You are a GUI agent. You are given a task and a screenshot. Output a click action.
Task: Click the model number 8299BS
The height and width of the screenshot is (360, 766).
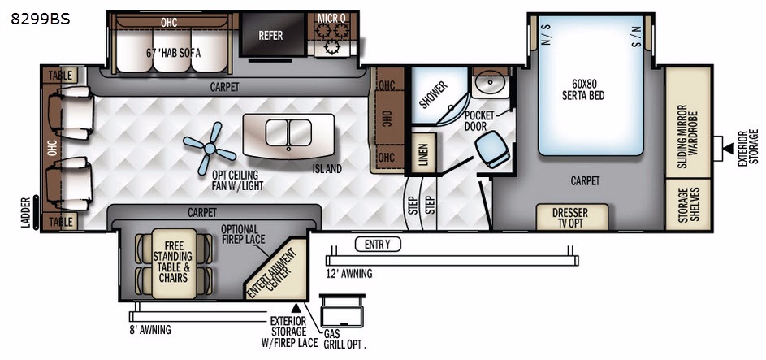[x=41, y=19]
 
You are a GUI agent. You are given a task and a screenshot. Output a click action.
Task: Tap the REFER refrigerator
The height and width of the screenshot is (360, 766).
[x=271, y=35]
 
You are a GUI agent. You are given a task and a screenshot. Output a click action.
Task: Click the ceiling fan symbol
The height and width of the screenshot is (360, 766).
[x=210, y=148]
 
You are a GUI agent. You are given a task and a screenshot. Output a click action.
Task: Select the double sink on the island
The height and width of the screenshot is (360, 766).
[x=288, y=132]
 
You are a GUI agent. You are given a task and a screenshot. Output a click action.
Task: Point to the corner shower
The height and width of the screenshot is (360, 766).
[x=438, y=95]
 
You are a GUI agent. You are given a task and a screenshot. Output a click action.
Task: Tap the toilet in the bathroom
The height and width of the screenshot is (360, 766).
[x=492, y=149]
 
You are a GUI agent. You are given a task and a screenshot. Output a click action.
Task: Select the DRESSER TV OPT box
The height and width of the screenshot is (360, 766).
[x=572, y=217]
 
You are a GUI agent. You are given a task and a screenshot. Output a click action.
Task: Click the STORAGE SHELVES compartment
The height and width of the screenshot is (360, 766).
[x=688, y=204]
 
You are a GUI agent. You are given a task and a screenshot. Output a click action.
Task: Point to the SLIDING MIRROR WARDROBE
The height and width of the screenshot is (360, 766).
[x=688, y=122]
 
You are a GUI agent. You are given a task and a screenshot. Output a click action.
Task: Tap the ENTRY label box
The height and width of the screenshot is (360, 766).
[x=378, y=245]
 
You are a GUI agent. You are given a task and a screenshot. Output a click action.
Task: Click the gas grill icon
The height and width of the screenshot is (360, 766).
[x=341, y=311]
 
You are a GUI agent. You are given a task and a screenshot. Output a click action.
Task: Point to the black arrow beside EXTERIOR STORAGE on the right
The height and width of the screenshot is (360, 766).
[x=728, y=148]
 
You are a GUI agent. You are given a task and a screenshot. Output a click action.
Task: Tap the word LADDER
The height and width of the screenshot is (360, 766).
[x=26, y=212]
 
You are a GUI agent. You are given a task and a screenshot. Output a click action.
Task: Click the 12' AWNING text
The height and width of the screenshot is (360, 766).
[x=348, y=274]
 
